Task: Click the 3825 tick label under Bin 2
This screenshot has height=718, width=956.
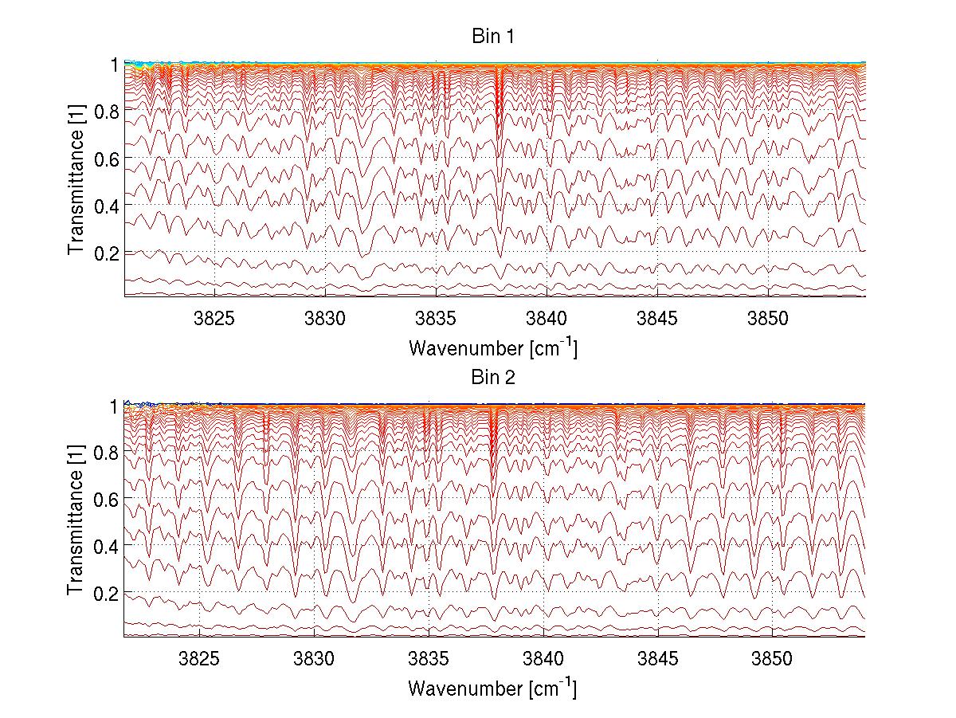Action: pos(199,659)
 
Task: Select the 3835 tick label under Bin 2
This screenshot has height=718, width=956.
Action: pos(429,659)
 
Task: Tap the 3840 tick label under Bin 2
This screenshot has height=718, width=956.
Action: pos(543,659)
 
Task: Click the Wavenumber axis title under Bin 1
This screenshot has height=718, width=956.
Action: pos(492,347)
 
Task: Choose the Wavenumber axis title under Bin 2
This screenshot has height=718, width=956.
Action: pos(492,688)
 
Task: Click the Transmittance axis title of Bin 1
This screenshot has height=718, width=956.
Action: pos(76,180)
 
